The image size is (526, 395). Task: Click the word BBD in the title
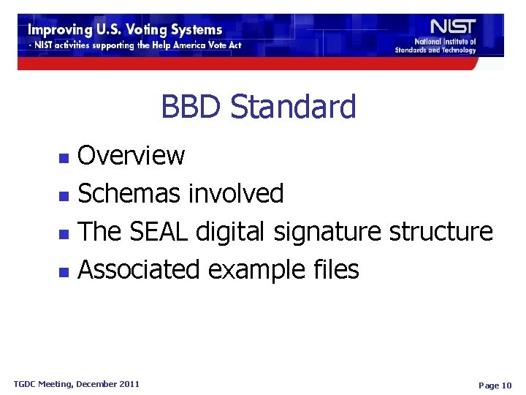pos(191,107)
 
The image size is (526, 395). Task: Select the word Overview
pos(131,155)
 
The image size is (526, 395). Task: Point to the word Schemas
pos(130,194)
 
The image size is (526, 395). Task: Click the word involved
pos(236,194)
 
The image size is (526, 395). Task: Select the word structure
pos(441,232)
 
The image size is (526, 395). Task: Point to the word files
pos(334,270)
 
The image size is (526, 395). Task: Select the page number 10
pos(506,385)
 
